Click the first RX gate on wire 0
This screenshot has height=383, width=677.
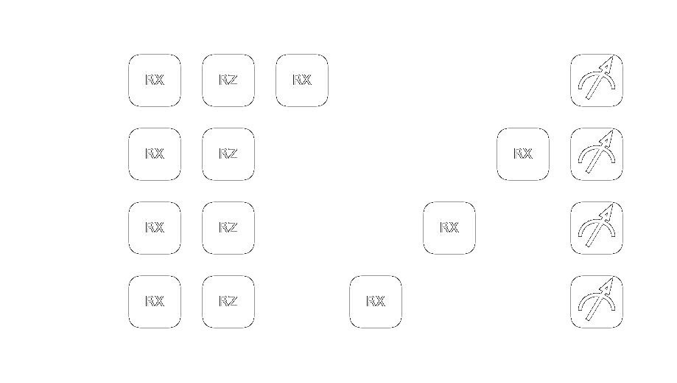[x=155, y=80]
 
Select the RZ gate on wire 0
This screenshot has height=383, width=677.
[x=228, y=80]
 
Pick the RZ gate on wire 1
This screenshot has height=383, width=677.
[x=228, y=154]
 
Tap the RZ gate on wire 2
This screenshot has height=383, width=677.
[x=228, y=228]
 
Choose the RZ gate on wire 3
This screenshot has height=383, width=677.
[x=228, y=302]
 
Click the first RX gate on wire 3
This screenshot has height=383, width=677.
[x=155, y=302]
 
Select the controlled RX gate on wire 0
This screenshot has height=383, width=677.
[x=302, y=80]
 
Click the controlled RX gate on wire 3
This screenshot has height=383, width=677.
[x=376, y=302]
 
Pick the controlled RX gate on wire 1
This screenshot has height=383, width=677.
[x=523, y=154]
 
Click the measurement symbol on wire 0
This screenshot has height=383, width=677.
[x=597, y=80]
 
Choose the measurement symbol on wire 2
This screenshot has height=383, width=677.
[x=597, y=228]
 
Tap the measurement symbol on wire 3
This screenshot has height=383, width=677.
[x=597, y=302]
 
